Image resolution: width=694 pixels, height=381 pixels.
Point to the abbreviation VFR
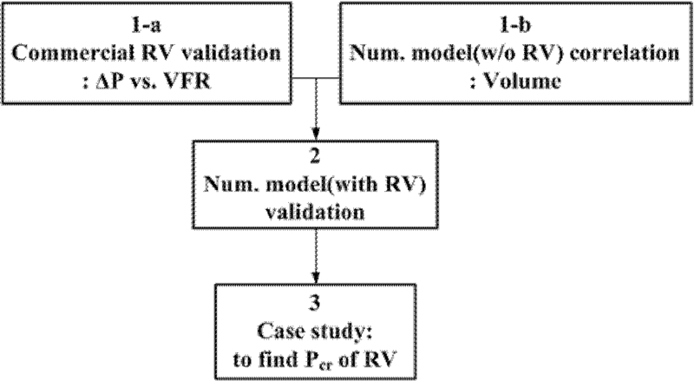click(195, 84)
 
